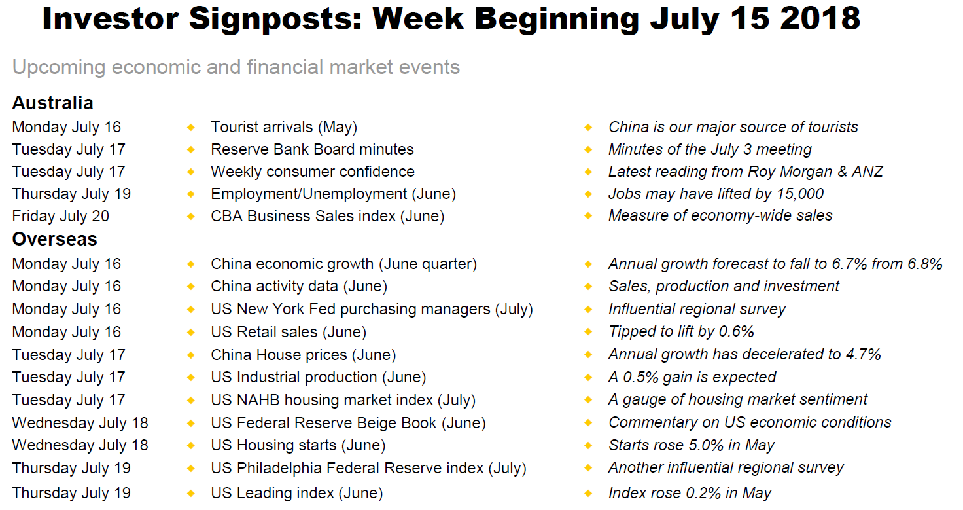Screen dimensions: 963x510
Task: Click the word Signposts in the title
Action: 275,20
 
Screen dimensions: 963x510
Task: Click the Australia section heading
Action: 52,103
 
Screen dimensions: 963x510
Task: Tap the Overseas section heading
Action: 54,239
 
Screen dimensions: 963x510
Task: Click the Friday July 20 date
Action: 61,216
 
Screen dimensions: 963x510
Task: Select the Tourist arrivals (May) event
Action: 284,128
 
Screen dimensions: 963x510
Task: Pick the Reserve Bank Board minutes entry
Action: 312,149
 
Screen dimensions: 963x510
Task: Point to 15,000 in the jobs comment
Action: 799,194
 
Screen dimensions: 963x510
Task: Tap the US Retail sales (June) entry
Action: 289,333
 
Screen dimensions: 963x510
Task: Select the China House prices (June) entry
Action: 303,355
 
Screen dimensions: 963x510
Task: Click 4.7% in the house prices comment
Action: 864,354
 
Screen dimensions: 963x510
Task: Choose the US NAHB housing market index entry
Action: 343,400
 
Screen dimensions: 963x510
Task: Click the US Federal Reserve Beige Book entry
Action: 348,423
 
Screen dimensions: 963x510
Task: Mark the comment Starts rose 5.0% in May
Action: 692,445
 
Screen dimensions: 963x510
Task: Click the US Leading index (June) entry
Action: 296,493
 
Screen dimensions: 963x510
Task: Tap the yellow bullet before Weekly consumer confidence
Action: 191,172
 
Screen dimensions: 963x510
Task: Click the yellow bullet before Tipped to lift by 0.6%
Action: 589,332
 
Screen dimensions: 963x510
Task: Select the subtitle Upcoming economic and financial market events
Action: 236,67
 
